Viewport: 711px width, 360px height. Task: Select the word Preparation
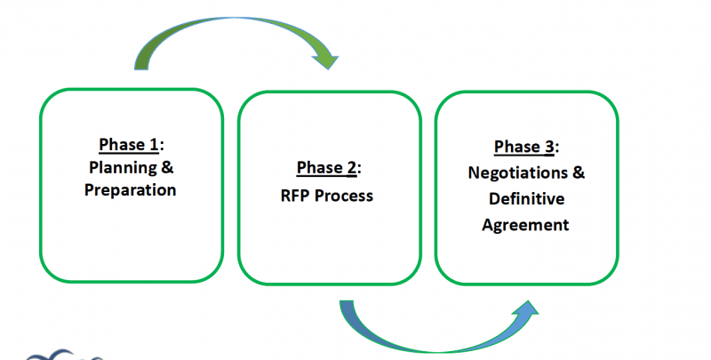[x=132, y=189]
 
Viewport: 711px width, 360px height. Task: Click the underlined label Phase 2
[x=326, y=169]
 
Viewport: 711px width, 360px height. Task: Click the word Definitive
[x=524, y=198]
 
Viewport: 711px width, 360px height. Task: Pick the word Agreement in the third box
[x=524, y=224]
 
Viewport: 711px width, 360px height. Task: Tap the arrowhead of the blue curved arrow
[x=525, y=312]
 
